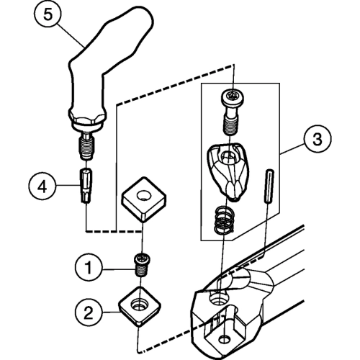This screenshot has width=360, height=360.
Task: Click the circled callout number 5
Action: (x=48, y=14)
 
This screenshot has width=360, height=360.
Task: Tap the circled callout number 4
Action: (x=42, y=187)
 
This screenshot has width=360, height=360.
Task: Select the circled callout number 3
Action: (x=318, y=139)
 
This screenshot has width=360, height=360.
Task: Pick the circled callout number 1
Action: (x=89, y=267)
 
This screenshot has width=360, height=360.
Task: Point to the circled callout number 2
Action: (x=89, y=312)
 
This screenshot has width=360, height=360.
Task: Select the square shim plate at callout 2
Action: (x=140, y=306)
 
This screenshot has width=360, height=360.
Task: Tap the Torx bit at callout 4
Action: (x=86, y=186)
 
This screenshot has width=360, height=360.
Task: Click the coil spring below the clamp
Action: (x=223, y=219)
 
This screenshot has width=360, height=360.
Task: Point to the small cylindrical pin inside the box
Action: (x=269, y=185)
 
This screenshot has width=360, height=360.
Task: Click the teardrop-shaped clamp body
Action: (x=228, y=171)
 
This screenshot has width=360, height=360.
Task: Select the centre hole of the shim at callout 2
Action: (x=138, y=305)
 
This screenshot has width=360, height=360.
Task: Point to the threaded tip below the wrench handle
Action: (x=87, y=147)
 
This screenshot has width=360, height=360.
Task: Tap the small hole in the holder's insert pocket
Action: (x=224, y=339)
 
